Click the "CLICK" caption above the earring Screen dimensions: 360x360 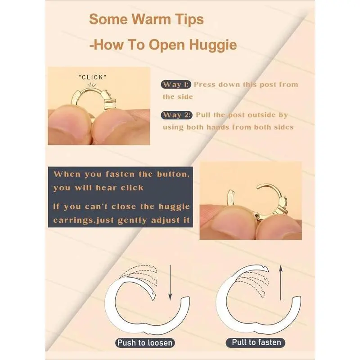point(93,77)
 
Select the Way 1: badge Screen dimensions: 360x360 point(176,85)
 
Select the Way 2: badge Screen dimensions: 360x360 point(176,115)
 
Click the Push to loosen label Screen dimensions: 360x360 point(145,343)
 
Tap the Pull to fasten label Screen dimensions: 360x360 point(256,342)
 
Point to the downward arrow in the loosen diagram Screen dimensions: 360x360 point(170,283)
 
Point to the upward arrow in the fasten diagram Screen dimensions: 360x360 point(280,283)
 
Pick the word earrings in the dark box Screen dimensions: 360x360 point(74,220)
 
